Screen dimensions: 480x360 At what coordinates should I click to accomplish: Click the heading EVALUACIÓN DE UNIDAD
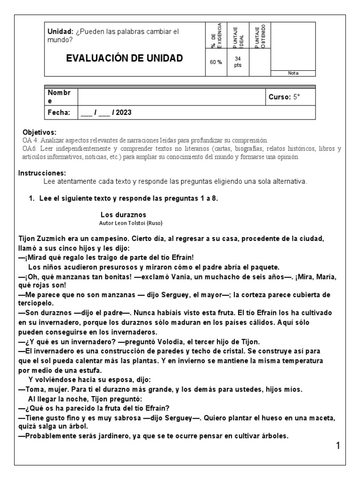(x=124, y=59)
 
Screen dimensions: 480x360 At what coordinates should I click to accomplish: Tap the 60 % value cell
(x=216, y=62)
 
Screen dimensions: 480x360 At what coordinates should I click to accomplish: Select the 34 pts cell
(x=238, y=62)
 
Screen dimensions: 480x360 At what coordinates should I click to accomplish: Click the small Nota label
(x=293, y=73)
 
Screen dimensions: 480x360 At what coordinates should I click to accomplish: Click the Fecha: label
(x=59, y=112)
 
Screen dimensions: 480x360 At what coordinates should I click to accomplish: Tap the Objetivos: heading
(x=39, y=133)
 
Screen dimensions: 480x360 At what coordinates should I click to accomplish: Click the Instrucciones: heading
(x=42, y=173)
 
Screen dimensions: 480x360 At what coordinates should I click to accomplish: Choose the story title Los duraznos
(x=123, y=215)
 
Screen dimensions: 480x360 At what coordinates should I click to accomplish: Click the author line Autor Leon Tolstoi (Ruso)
(x=131, y=223)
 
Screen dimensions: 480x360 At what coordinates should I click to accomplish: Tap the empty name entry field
(x=171, y=97)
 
